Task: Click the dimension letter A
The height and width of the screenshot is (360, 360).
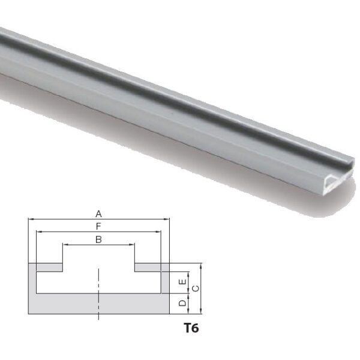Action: click(98, 214)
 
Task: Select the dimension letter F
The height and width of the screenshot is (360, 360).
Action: click(98, 227)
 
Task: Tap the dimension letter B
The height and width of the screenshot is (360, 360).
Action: click(98, 239)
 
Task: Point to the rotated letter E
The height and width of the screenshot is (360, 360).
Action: click(182, 281)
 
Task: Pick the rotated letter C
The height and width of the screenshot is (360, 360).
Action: click(196, 289)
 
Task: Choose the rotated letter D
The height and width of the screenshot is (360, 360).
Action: click(182, 303)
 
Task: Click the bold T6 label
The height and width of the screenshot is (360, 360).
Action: click(191, 328)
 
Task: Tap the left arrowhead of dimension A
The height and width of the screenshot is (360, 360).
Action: click(31, 219)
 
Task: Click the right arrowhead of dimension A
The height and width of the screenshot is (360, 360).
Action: click(167, 219)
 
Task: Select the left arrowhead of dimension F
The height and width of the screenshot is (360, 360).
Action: click(39, 232)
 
